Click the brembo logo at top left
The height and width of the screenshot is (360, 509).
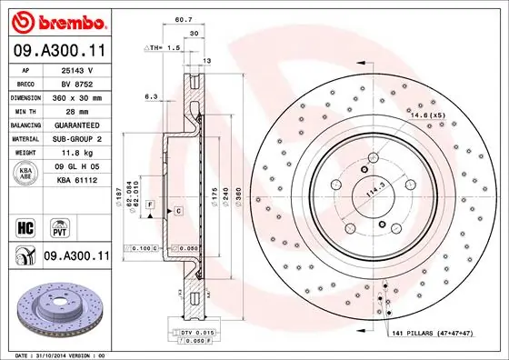pyautogui.click(x=57, y=20)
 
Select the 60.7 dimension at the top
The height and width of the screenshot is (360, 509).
pyautogui.click(x=183, y=17)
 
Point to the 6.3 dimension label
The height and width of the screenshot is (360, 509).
pyautogui.click(x=152, y=95)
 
